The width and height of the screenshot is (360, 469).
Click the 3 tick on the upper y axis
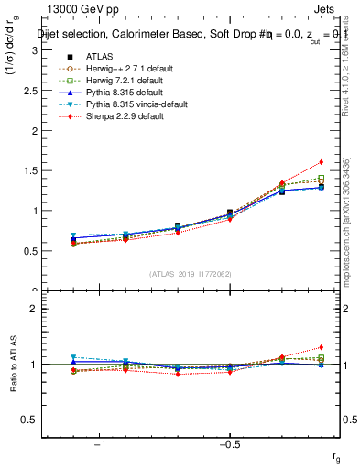click(x=34, y=49)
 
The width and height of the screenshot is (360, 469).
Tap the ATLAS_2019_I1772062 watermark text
click(x=191, y=274)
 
